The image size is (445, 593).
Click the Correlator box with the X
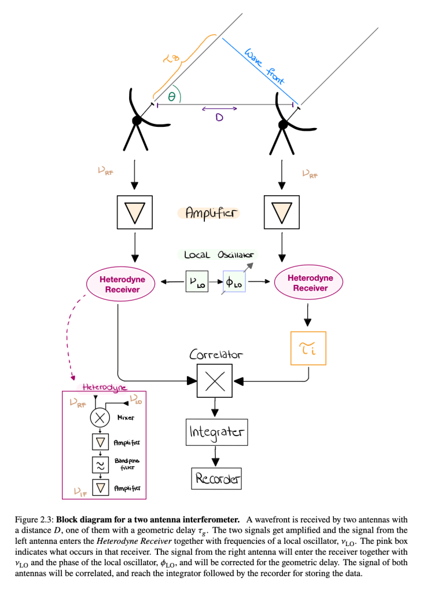click(215, 380)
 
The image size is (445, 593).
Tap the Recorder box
click(216, 479)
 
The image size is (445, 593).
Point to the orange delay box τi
click(308, 348)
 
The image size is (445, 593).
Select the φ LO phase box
click(234, 282)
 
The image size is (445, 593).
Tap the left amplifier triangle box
click(134, 213)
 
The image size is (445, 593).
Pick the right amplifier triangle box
click(282, 213)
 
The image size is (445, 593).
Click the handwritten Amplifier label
click(208, 214)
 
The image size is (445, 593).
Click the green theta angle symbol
click(171, 98)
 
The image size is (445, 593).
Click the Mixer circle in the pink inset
click(101, 418)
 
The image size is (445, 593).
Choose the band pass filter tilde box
click(101, 464)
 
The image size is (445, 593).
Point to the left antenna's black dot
click(137, 120)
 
